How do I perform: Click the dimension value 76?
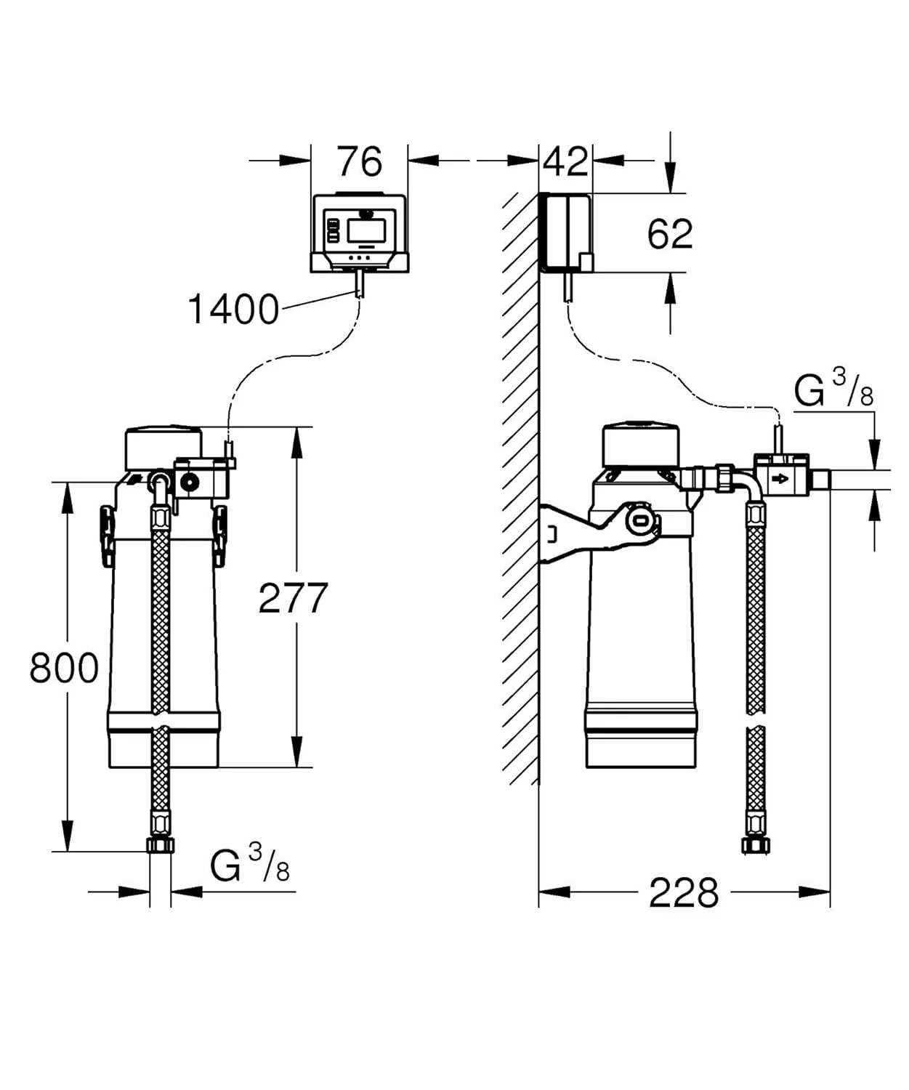tap(359, 161)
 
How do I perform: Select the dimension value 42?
tap(565, 161)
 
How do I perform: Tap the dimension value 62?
tap(670, 234)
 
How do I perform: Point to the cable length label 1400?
tap(233, 310)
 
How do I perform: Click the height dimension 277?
tap(293, 598)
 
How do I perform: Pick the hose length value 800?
tap(64, 668)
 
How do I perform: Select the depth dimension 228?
tap(683, 892)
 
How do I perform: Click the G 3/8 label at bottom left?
tap(250, 864)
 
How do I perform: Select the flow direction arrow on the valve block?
tap(780, 479)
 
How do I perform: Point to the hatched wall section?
tap(520, 487)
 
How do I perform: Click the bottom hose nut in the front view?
tap(160, 844)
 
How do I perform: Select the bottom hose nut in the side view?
tap(756, 844)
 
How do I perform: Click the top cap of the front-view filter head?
tap(163, 445)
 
